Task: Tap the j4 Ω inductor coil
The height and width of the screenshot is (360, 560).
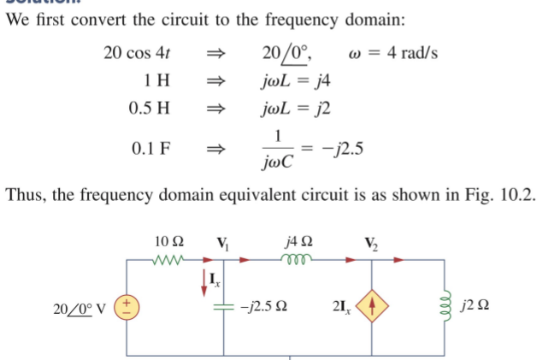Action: pyautogui.click(x=300, y=257)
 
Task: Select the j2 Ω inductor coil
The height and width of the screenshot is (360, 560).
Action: pyautogui.click(x=445, y=305)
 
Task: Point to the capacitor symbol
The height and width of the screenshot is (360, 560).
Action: pyautogui.click(x=224, y=305)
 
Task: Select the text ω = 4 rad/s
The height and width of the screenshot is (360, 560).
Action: pyautogui.click(x=396, y=53)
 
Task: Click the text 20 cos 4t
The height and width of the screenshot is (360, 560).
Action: pyautogui.click(x=137, y=53)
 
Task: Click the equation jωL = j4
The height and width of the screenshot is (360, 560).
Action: pyautogui.click(x=295, y=81)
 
